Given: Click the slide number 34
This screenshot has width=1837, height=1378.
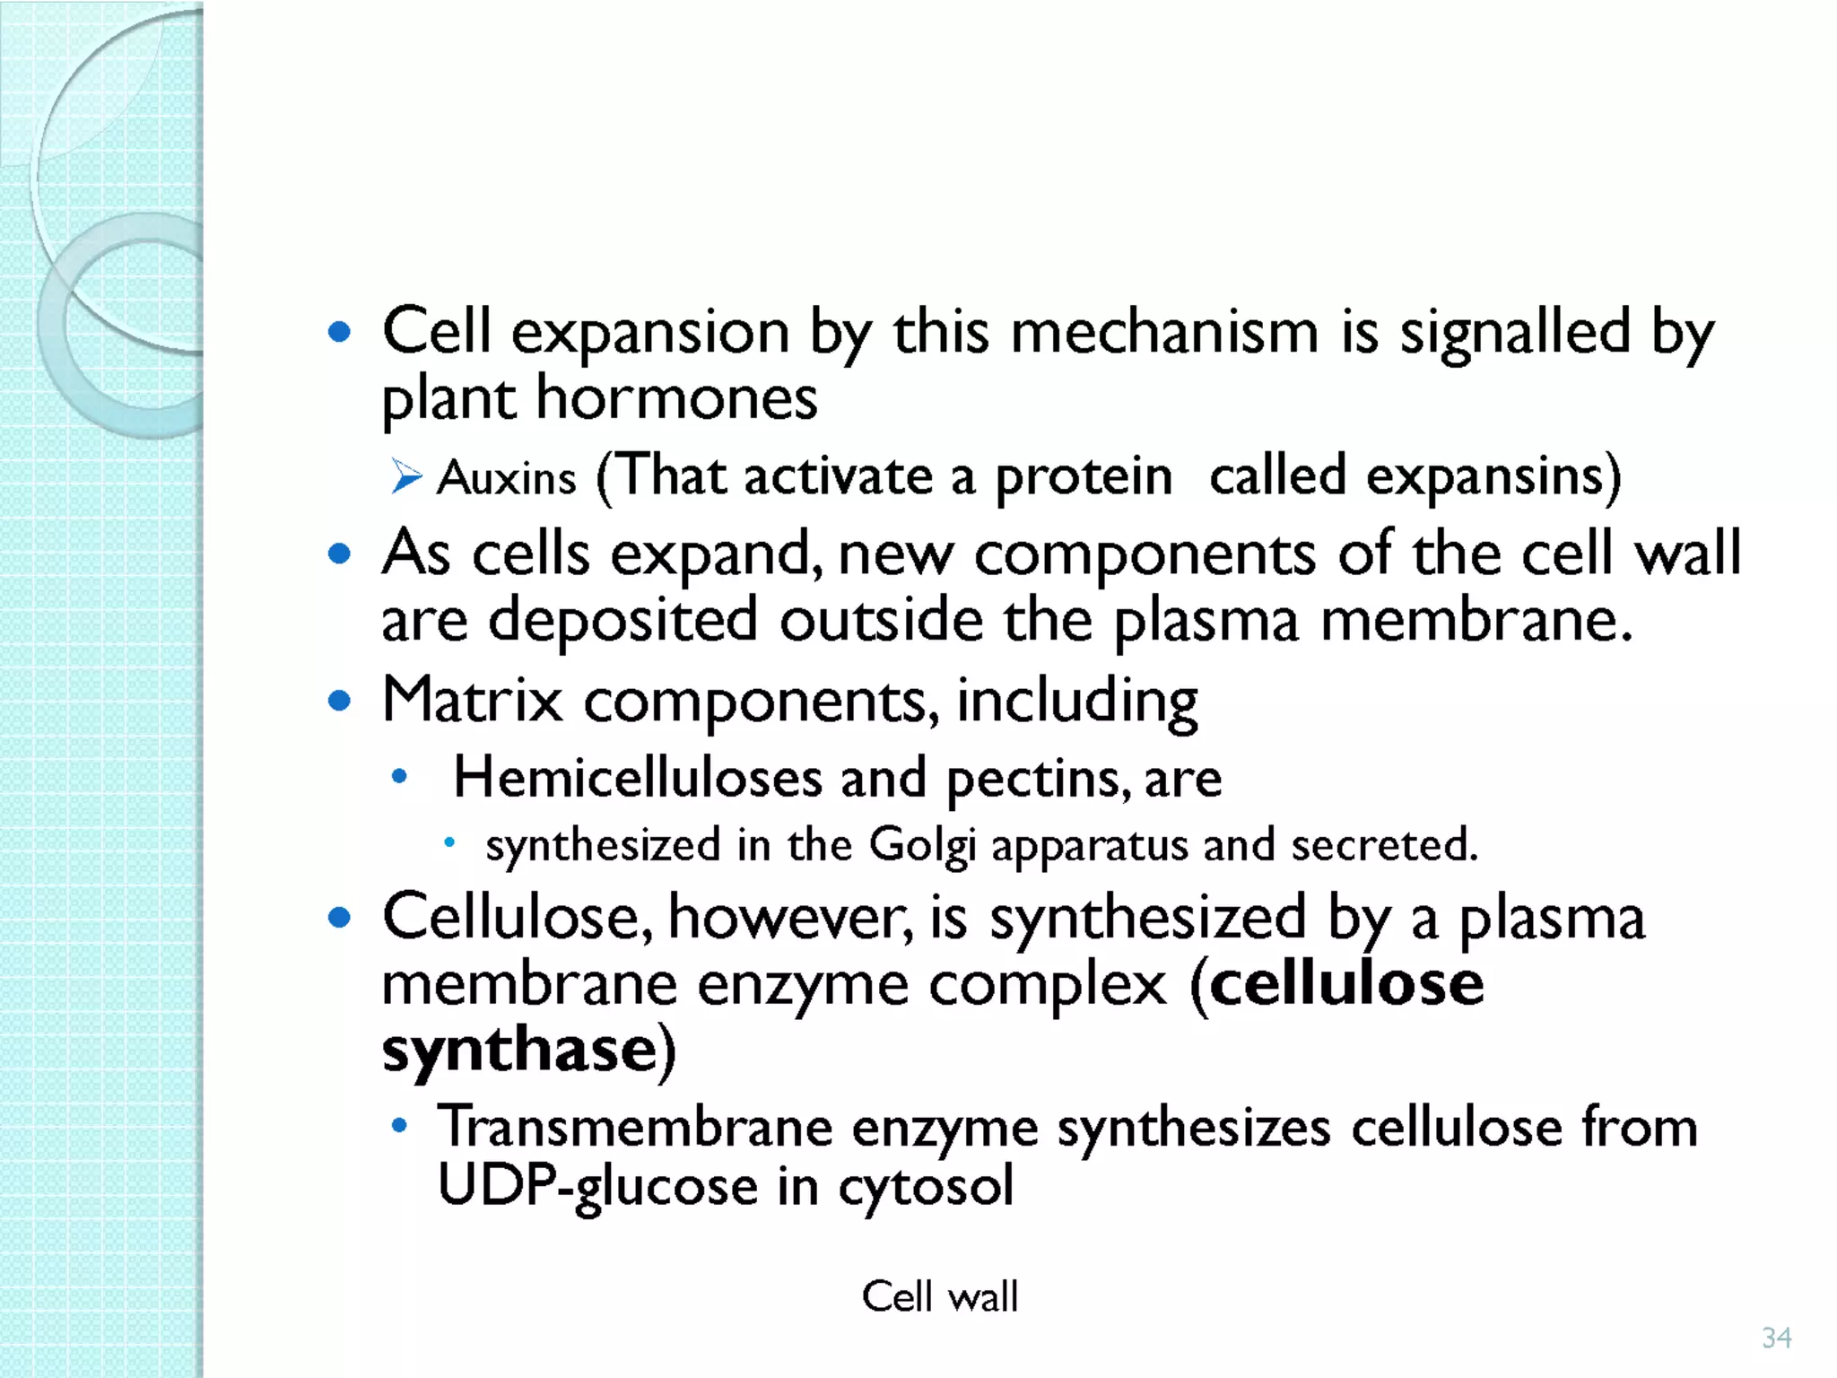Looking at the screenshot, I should point(1776,1338).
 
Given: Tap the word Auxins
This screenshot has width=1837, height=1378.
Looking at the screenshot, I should point(507,477).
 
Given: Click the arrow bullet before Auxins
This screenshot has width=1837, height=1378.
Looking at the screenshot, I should point(406,476).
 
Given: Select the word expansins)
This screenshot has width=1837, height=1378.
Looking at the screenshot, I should point(1493,477).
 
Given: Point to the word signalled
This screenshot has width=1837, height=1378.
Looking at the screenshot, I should point(1515,332).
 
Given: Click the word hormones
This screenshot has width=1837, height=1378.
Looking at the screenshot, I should point(676,397).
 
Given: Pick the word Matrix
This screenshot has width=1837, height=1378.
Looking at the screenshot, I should point(472,700).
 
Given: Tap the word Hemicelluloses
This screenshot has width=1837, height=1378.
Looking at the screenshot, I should point(637,777).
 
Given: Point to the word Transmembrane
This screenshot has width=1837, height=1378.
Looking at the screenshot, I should point(635,1127).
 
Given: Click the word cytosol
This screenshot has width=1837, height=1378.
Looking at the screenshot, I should point(926,1186).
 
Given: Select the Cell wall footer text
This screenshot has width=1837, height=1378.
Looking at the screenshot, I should point(939,1296).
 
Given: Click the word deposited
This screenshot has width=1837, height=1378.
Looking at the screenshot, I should point(622,620).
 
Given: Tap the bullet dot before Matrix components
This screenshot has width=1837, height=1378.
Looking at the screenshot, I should point(339,700).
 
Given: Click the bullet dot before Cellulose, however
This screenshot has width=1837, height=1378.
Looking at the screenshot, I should point(339,918).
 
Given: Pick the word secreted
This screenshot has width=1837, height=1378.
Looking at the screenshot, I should point(1383,845).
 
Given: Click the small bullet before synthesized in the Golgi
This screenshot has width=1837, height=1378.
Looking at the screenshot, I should point(450,842).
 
